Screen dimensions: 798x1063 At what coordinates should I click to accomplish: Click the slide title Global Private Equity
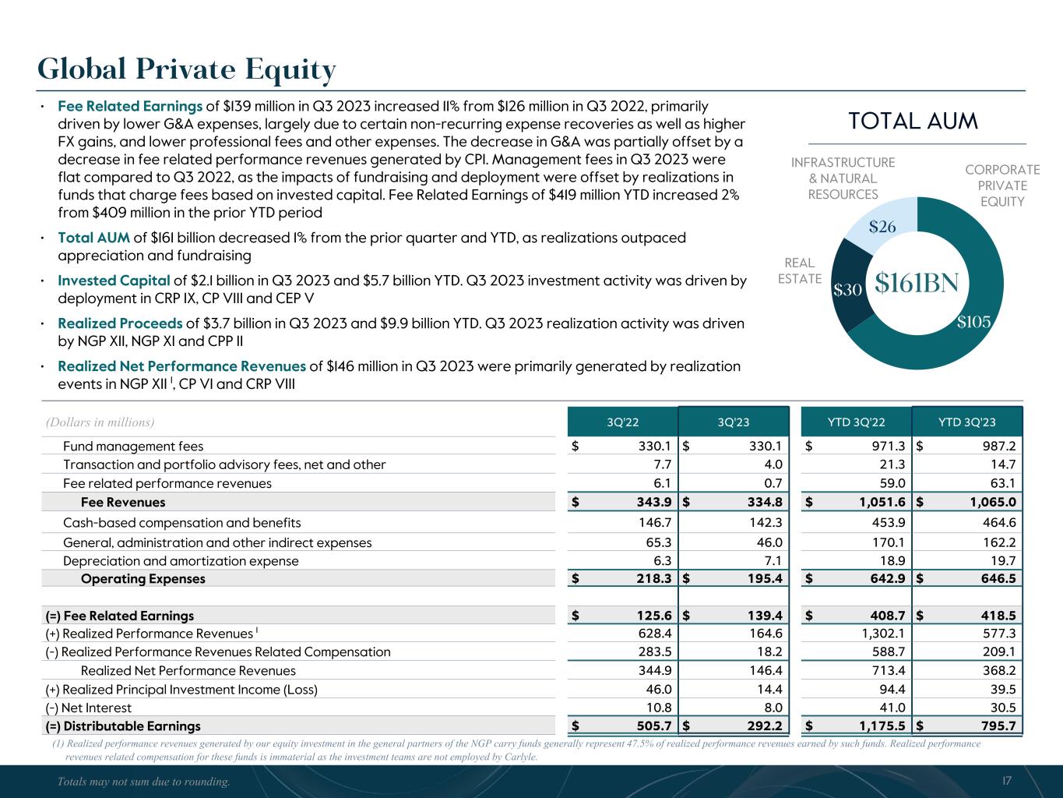[187, 70]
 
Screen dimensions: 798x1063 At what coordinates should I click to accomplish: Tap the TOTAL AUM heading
[913, 122]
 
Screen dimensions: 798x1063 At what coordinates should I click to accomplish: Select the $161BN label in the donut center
[917, 283]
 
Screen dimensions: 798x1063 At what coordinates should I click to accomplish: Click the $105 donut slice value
[974, 322]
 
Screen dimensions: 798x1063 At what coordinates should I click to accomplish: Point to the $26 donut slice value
[882, 228]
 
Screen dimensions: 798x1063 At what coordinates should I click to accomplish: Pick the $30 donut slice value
[847, 290]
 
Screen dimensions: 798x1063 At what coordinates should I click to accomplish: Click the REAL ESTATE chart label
[800, 271]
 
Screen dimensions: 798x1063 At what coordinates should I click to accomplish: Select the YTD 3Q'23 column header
[966, 423]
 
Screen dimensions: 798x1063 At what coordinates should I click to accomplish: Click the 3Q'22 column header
[622, 423]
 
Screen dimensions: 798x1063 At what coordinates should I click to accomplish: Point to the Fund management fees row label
[133, 447]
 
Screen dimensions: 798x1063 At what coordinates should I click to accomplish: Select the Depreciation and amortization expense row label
[181, 561]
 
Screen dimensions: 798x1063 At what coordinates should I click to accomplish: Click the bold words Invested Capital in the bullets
[114, 281]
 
